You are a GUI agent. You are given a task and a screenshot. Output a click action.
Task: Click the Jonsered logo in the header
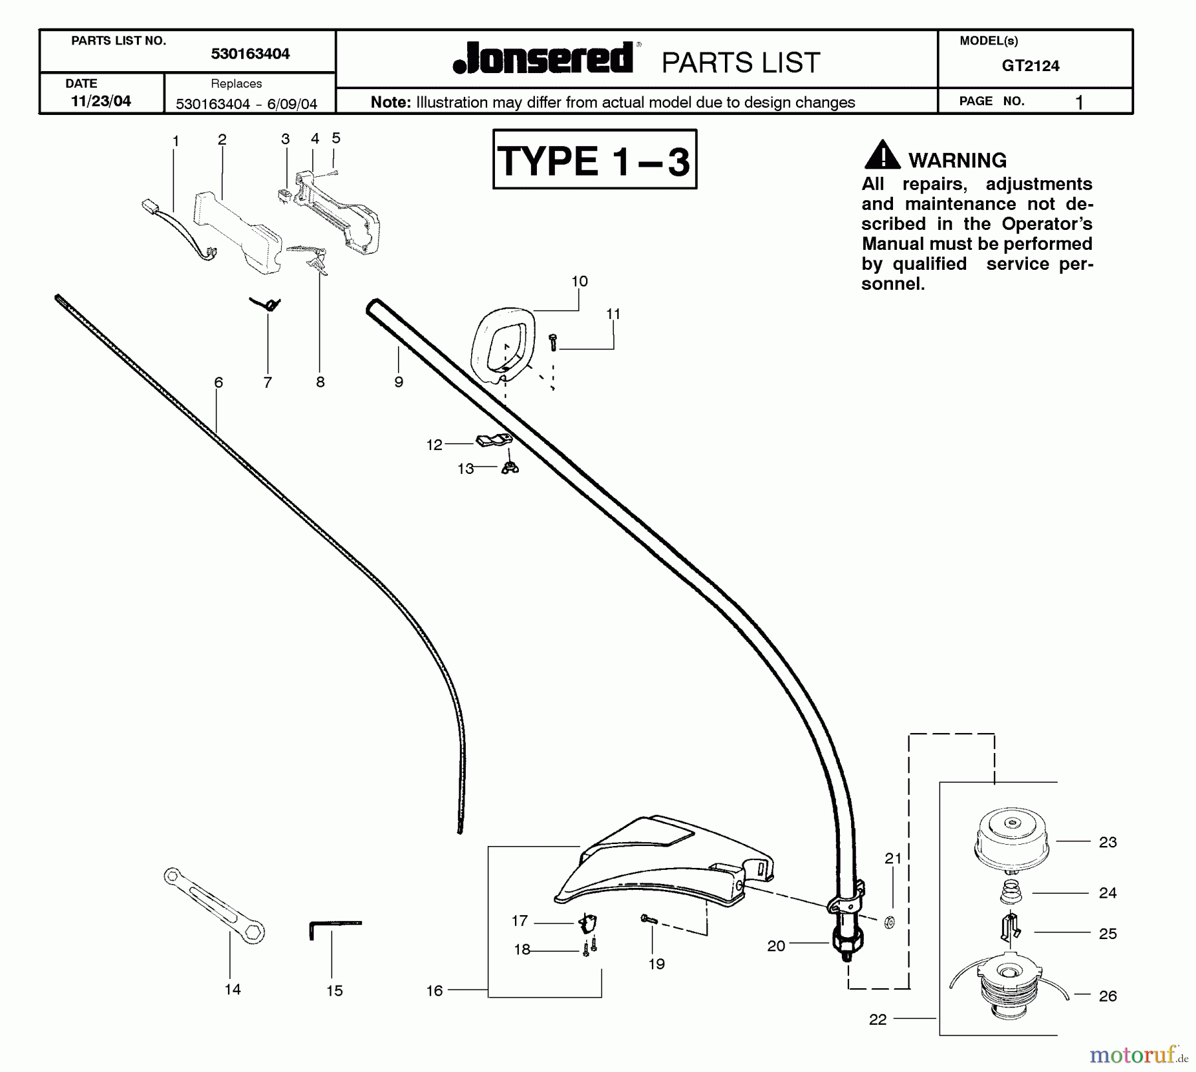(x=544, y=58)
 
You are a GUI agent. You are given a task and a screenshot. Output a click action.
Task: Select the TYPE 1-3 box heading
(x=594, y=160)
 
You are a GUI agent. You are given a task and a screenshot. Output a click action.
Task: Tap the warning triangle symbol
(x=882, y=156)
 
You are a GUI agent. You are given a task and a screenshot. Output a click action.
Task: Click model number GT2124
(x=1031, y=66)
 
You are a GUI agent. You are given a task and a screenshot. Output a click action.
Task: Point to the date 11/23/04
(x=101, y=101)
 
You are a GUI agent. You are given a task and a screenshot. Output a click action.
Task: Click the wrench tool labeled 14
(x=214, y=905)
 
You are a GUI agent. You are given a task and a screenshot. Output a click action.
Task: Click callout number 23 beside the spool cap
(x=1108, y=842)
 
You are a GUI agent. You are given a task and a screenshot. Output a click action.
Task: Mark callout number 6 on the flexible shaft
(x=219, y=382)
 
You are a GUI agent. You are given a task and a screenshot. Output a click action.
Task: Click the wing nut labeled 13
(x=510, y=467)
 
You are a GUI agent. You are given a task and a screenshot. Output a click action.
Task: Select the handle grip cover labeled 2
(x=237, y=233)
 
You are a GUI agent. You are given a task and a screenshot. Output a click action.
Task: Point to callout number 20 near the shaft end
(x=776, y=946)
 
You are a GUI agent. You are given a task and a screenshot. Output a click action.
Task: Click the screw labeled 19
(x=648, y=919)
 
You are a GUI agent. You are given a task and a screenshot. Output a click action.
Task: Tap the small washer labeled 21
(x=890, y=922)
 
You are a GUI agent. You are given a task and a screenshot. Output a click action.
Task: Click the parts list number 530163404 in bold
(x=250, y=54)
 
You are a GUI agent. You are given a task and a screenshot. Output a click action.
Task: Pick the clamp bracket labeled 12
(x=494, y=439)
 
